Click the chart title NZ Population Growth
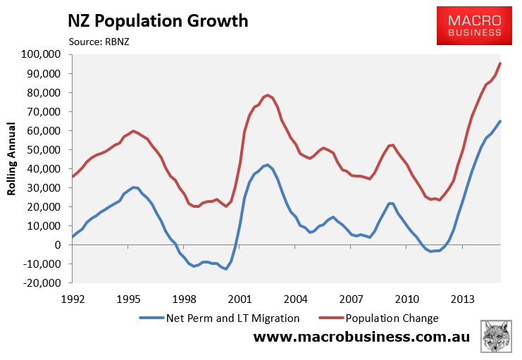[x=158, y=21]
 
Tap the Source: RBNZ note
[x=99, y=42]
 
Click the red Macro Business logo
[x=474, y=25]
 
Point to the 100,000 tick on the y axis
[x=41, y=54]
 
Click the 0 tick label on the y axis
[x=58, y=244]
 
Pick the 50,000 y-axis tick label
[x=43, y=149]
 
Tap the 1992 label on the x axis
[x=73, y=299]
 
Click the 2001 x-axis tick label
[x=240, y=299]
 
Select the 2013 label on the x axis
[x=462, y=299]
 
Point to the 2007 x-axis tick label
[x=351, y=299]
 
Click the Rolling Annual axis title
[x=11, y=159]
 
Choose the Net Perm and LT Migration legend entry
[x=220, y=318]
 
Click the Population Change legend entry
[x=379, y=318]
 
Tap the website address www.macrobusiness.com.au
[x=361, y=337]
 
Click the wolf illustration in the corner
[x=496, y=336]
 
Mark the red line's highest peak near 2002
[x=267, y=95]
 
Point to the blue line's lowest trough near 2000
[x=226, y=268]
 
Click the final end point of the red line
[x=500, y=63]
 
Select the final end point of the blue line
[x=500, y=121]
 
